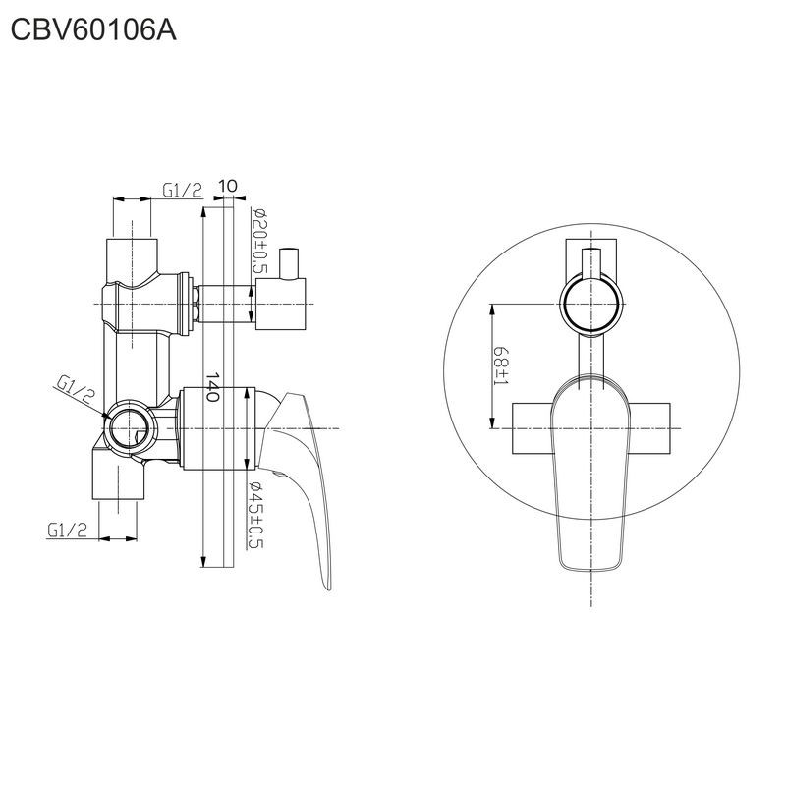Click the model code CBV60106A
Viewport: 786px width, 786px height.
click(x=94, y=31)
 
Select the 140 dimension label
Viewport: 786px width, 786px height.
click(x=211, y=390)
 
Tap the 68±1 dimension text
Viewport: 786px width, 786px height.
click(x=502, y=366)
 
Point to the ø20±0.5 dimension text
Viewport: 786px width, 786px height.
click(x=261, y=242)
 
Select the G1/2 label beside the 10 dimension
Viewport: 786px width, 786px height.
click(x=183, y=190)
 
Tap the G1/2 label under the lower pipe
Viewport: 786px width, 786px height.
click(x=68, y=530)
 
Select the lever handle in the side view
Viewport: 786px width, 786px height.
click(x=305, y=472)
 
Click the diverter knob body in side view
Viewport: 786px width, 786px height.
click(x=282, y=304)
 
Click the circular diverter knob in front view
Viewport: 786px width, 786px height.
click(x=592, y=304)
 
